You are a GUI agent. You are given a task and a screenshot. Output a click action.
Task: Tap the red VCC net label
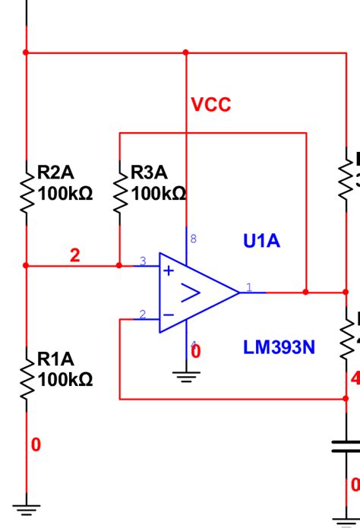(x=210, y=106)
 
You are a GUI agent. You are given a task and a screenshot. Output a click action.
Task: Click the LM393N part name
(x=279, y=348)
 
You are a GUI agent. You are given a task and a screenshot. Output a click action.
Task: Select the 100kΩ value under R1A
(x=65, y=379)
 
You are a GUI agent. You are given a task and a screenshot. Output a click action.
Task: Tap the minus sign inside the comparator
(x=169, y=314)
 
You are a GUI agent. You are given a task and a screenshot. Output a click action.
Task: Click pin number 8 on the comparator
(x=193, y=239)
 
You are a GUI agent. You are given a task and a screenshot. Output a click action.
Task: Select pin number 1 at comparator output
(x=248, y=287)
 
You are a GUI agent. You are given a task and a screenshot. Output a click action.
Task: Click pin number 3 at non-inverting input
(x=142, y=261)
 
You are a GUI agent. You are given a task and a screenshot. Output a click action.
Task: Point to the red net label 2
(x=74, y=256)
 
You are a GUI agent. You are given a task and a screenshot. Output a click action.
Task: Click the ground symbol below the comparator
(x=187, y=375)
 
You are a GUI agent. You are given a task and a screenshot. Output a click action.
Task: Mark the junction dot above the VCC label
(x=186, y=52)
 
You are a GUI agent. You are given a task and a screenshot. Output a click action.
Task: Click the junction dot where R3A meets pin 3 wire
(x=119, y=266)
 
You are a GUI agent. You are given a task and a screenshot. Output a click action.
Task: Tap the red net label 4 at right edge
(x=355, y=378)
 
